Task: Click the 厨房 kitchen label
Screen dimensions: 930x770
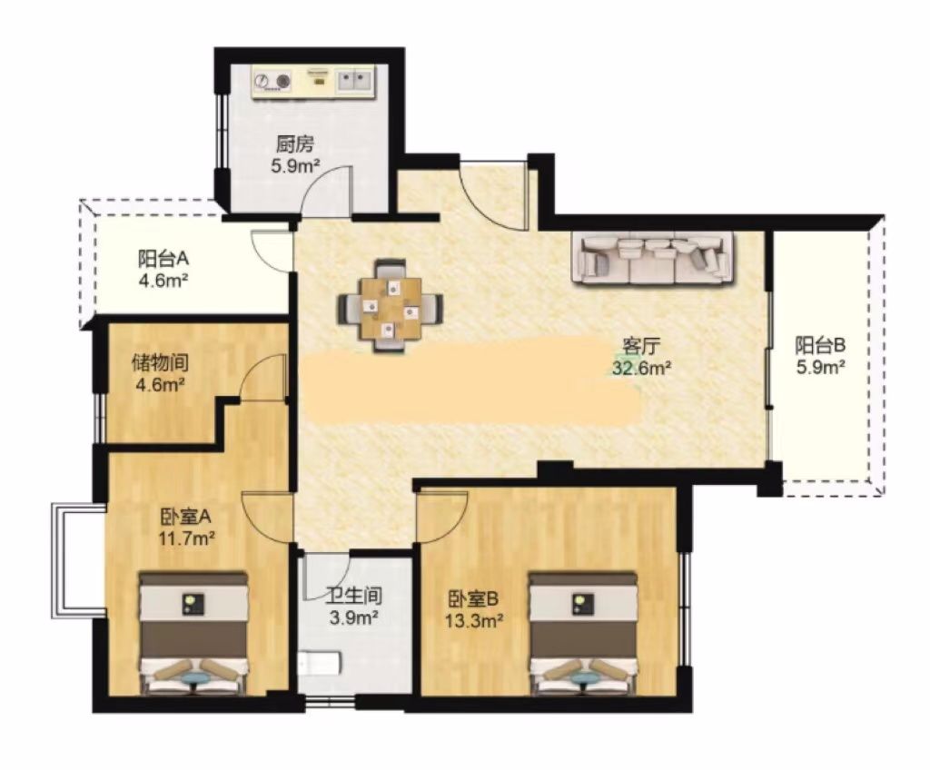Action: pyautogui.click(x=295, y=144)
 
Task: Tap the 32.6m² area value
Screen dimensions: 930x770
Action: pyautogui.click(x=642, y=369)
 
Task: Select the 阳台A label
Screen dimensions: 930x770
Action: pyautogui.click(x=163, y=259)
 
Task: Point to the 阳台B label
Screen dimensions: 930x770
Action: pyautogui.click(x=820, y=344)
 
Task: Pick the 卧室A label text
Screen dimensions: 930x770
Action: pyautogui.click(x=185, y=517)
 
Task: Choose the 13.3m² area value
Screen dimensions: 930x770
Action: pyautogui.click(x=474, y=621)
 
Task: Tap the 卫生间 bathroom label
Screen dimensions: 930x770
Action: pyautogui.click(x=355, y=595)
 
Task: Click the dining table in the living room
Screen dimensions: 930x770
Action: pyautogui.click(x=391, y=306)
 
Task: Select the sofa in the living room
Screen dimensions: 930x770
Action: pyautogui.click(x=652, y=258)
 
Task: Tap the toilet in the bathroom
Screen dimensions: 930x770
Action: pyautogui.click(x=319, y=664)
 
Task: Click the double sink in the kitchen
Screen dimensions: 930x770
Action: pyautogui.click(x=355, y=80)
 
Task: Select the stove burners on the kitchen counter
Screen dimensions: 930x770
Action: pyautogui.click(x=273, y=80)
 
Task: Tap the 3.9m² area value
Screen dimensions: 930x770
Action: pyautogui.click(x=355, y=618)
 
